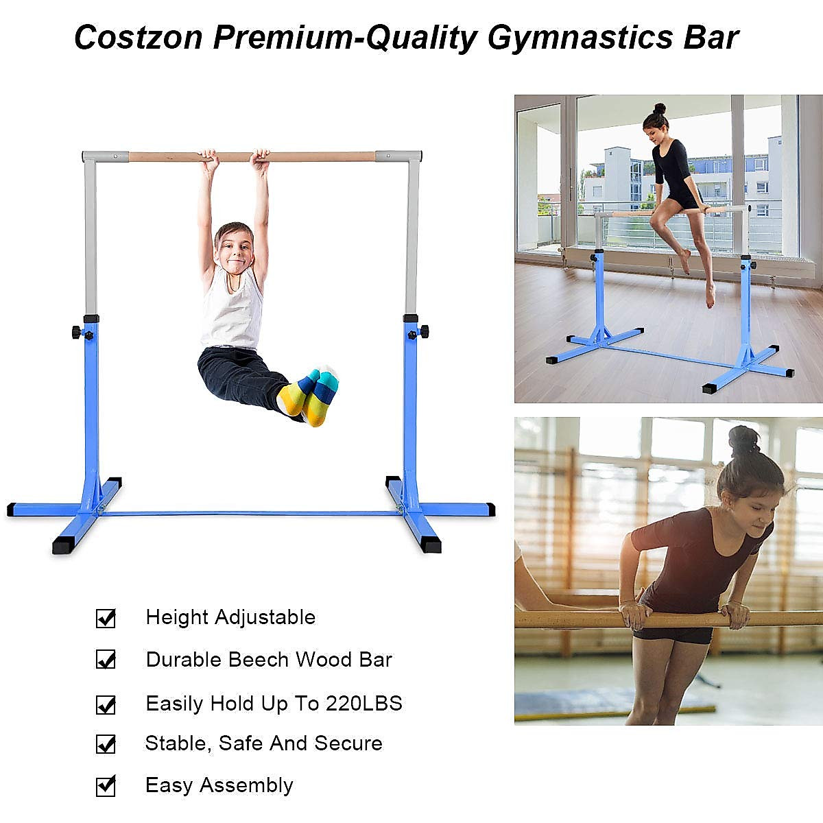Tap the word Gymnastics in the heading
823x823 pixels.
pyautogui.click(x=580, y=38)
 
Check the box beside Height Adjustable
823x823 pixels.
pyautogui.click(x=106, y=618)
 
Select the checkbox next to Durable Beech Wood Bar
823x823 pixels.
pyautogui.click(x=106, y=660)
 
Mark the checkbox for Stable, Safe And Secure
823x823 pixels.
pyautogui.click(x=106, y=743)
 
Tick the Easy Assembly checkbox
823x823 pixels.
pyautogui.click(x=106, y=785)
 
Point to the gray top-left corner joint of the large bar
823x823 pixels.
pyautogui.click(x=90, y=157)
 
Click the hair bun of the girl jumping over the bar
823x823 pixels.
pyautogui.click(x=659, y=109)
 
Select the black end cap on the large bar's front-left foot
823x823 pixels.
pyautogui.click(x=63, y=547)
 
